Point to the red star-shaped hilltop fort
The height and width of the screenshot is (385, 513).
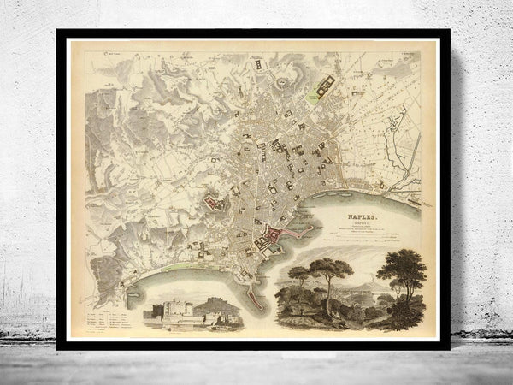[x=211, y=202]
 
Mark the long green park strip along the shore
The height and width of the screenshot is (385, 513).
[x=180, y=266]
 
